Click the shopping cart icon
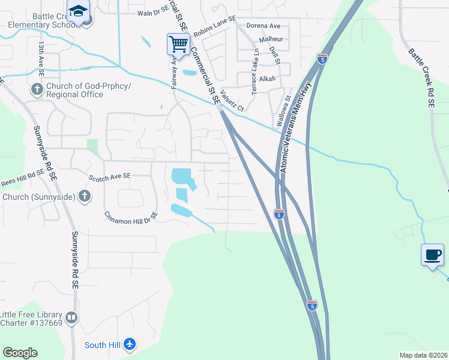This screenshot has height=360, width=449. tap(178, 44)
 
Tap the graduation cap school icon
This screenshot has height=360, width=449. tap(78, 11)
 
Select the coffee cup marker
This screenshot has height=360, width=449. tap(432, 255)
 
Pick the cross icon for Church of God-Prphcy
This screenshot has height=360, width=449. tap(37, 89)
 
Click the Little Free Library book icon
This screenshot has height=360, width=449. tap(71, 318)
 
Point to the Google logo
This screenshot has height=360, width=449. tap(20, 353)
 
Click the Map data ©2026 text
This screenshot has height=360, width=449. tap(424, 355)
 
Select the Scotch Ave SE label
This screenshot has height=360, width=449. tap(109, 177)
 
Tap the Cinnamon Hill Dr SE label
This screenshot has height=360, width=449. tap(131, 214)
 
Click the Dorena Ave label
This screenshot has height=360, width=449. tap(264, 26)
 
